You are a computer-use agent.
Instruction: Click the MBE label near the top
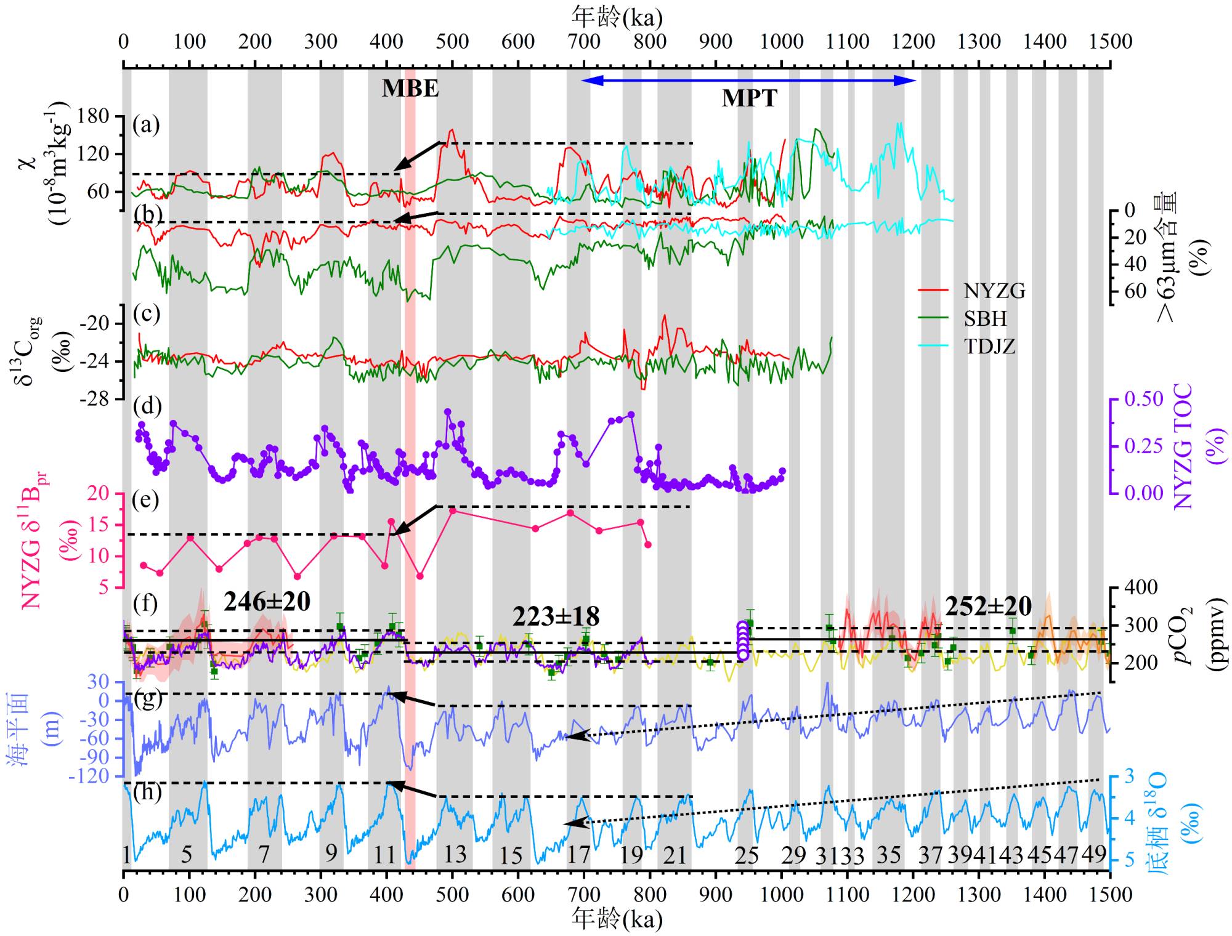pyautogui.click(x=410, y=89)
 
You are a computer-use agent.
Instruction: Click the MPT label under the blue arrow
pyautogui.click(x=749, y=99)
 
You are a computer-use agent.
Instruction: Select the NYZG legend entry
pyautogui.click(x=994, y=291)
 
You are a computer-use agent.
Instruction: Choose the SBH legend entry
pyautogui.click(x=986, y=318)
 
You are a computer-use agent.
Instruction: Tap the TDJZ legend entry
pyautogui.click(x=989, y=346)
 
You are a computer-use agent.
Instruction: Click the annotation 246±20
pyautogui.click(x=267, y=602)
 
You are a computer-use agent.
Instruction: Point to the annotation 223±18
pyautogui.click(x=556, y=616)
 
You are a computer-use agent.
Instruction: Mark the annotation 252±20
pyautogui.click(x=988, y=607)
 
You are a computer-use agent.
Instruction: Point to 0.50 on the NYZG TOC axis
pyautogui.click(x=1144, y=399)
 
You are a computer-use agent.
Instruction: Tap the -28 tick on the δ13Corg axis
pyautogui.click(x=94, y=399)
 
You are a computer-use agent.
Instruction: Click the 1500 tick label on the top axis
pyautogui.click(x=1109, y=42)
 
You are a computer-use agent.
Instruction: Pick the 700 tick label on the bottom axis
pyautogui.click(x=583, y=894)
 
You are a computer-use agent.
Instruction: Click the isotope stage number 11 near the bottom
pyautogui.click(x=385, y=855)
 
